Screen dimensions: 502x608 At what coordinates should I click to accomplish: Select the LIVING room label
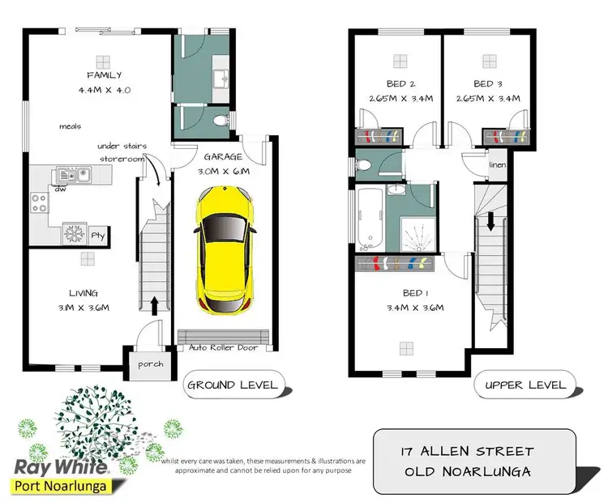point(83,292)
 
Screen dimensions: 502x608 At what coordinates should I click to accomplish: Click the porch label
point(149,364)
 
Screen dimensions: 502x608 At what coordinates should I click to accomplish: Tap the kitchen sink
point(66,175)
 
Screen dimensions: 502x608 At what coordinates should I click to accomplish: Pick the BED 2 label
point(400,83)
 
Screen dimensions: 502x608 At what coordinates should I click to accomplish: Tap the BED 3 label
point(489,83)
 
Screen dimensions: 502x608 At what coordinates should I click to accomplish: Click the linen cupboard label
point(497,165)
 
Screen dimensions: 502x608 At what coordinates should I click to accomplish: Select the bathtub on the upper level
point(369,217)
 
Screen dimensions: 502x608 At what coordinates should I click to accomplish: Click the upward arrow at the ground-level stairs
point(155,304)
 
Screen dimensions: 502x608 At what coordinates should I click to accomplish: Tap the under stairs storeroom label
point(121,152)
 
